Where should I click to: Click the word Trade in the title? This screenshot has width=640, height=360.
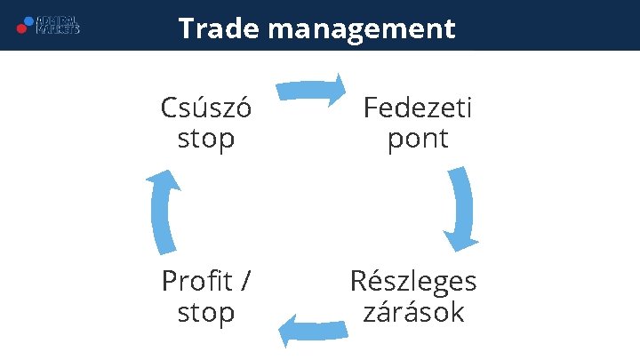(218, 28)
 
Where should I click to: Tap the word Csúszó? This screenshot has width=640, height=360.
(206, 108)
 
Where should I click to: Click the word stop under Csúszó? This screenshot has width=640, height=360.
(206, 139)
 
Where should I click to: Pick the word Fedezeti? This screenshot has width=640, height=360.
(418, 108)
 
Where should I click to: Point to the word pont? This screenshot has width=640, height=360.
(418, 140)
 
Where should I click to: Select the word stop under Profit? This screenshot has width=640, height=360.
(206, 313)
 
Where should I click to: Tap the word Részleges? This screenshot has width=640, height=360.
(413, 283)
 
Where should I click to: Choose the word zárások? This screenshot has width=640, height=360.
(413, 313)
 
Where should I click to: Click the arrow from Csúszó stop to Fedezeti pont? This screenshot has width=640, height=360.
(311, 90)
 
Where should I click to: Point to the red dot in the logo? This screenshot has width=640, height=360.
(21, 28)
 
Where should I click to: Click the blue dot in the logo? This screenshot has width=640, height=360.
(29, 20)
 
